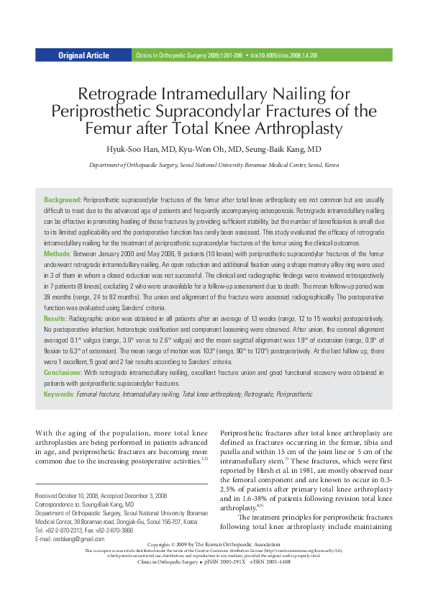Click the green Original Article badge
tap(83, 55)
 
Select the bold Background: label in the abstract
tap(63, 199)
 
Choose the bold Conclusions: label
tap(63, 373)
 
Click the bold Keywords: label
tap(59, 395)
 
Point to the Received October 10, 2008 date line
tap(69, 496)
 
